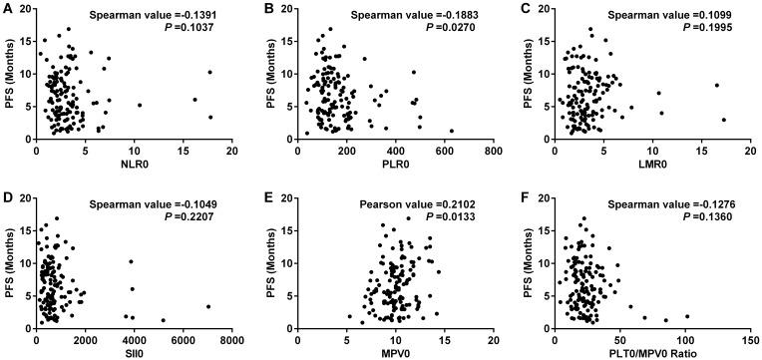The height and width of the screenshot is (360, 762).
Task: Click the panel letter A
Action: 7,8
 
